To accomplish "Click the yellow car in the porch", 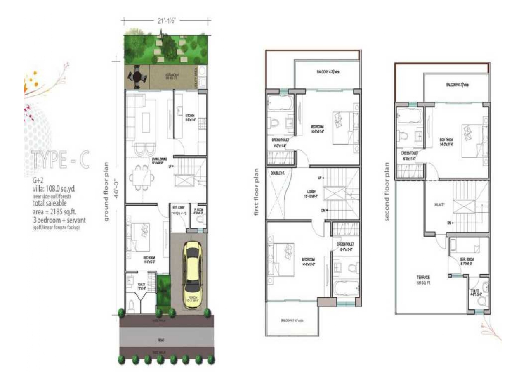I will tap(192, 273).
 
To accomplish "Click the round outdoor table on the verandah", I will tap(136, 77).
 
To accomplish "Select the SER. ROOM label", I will tap(468, 260).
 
